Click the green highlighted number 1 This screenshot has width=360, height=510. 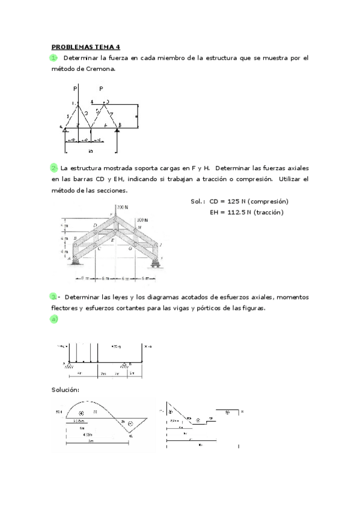[x=54, y=58]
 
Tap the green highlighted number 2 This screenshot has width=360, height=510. [x=54, y=168]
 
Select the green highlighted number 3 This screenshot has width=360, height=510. [x=54, y=296]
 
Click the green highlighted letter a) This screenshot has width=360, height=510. [x=54, y=319]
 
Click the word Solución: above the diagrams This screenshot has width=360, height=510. [x=66, y=390]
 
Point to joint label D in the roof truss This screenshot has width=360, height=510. [x=95, y=226]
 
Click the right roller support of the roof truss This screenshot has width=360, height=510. [x=157, y=260]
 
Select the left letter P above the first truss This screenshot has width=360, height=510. [x=75, y=88]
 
